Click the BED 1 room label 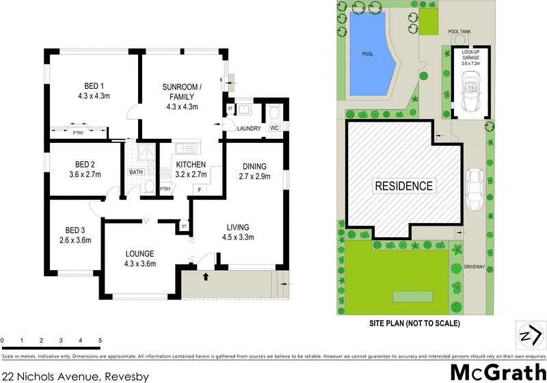[x=94, y=86]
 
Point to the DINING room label [x=254, y=166]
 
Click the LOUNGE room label [x=139, y=253]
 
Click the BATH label [x=136, y=172]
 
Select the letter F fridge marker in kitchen [x=199, y=189]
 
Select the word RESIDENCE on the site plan [x=403, y=185]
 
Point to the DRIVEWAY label [x=474, y=267]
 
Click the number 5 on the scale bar [x=100, y=340]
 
